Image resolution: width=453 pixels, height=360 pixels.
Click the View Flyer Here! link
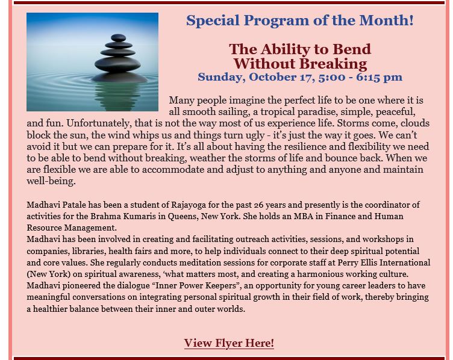pos(229,343)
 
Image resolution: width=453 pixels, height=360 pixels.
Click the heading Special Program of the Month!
pos(300,20)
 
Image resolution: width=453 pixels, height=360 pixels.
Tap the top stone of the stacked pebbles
pos(119,37)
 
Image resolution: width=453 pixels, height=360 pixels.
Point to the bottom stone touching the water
pos(119,77)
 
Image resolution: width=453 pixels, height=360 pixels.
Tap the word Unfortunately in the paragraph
pos(99,123)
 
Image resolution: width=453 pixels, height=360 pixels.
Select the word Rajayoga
pos(189,205)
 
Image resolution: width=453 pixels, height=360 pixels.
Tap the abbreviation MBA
pos(304,217)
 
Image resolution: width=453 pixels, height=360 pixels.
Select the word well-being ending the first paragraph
pos(50,181)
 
